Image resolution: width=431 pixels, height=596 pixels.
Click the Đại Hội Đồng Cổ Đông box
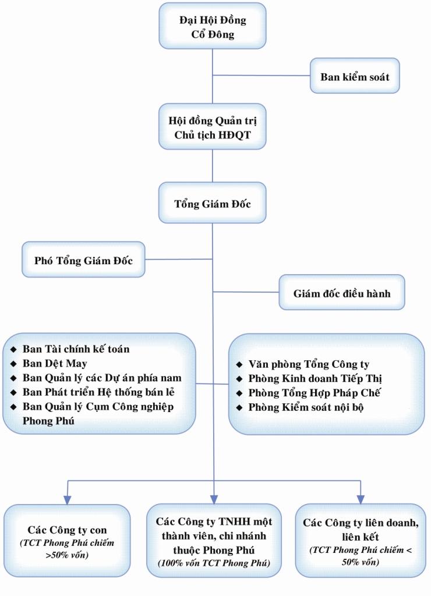pos(212,27)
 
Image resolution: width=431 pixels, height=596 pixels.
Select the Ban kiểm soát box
pos(355,76)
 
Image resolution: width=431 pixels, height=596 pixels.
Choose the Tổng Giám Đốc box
pos(212,204)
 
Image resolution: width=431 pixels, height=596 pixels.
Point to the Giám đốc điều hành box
pos(341,293)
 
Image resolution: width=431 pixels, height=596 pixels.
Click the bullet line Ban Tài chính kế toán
pos(76,349)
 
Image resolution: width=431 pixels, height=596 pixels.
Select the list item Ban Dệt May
pos(55,364)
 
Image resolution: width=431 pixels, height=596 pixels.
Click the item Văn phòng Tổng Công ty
pos(309,365)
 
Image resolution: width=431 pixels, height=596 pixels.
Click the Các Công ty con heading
pos(67,530)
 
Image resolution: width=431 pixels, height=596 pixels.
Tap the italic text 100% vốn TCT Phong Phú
pos(214,563)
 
